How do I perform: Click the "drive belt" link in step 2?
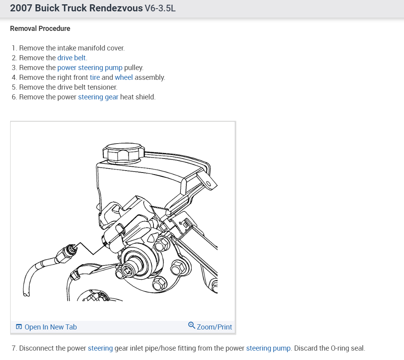coord(72,58)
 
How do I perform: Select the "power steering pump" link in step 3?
coord(90,68)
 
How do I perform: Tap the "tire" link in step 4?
coord(95,77)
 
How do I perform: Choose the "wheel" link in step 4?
coord(124,77)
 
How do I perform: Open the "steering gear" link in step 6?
coord(98,97)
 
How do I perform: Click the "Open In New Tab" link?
coord(50,327)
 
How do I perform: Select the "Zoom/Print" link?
coord(214,327)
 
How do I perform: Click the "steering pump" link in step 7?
coord(268,348)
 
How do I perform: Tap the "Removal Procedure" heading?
coord(40,29)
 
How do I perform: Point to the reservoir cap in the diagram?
coord(122,152)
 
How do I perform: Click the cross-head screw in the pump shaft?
coord(128,270)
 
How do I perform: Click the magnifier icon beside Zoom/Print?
coord(191,325)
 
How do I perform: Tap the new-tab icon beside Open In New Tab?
coord(19,327)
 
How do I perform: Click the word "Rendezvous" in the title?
coord(116,8)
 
